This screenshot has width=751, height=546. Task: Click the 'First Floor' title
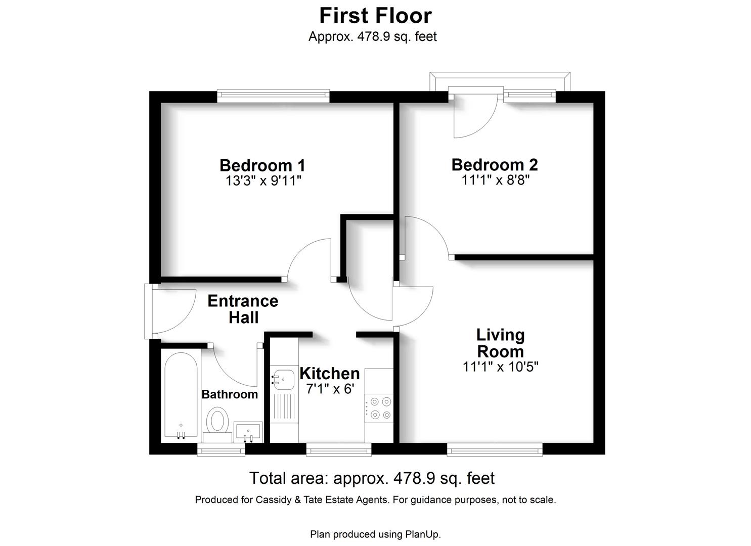coord(375,16)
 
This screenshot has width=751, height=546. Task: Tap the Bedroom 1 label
coord(262,165)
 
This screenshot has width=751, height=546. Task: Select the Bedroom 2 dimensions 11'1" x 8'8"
coord(495,180)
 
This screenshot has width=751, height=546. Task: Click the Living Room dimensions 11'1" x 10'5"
coord(500,367)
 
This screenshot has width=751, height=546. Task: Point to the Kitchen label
coord(330,374)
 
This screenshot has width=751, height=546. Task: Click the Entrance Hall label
coord(243,309)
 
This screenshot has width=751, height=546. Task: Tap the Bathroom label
coord(230,394)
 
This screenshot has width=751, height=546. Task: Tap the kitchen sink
coord(284,380)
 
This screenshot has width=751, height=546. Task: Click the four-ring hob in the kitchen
coord(380,408)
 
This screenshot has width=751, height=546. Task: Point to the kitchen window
coord(339,449)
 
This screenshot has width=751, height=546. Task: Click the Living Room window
coord(495,449)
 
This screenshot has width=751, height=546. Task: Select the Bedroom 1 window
coord(273,96)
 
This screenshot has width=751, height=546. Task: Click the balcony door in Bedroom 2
coord(474,114)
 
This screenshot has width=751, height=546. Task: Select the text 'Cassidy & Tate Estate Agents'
coord(322,500)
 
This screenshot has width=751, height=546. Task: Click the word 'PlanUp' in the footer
coord(422,534)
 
